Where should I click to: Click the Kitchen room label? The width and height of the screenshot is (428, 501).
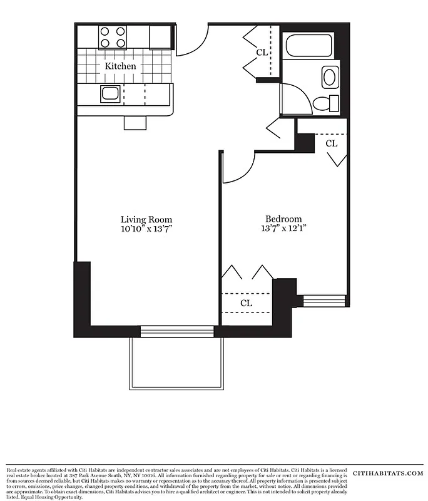point(120,66)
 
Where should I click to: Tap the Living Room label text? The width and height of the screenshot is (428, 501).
point(146,220)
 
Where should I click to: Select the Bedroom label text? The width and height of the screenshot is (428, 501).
point(283,219)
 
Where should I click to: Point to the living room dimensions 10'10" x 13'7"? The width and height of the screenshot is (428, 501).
point(146,229)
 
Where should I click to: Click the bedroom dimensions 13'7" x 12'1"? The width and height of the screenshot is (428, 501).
point(283,229)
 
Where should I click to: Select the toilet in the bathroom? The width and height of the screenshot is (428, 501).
point(325,103)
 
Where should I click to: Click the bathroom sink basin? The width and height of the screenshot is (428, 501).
point(329,78)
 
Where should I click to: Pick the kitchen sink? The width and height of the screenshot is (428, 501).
point(110,95)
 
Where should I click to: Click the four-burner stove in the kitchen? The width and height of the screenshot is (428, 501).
point(113,37)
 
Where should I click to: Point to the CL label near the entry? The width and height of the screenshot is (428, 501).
point(262,53)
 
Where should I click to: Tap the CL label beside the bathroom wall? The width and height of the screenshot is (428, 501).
point(332,143)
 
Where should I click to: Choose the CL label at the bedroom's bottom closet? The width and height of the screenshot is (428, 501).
point(247,303)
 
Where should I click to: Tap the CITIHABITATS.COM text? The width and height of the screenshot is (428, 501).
point(388,473)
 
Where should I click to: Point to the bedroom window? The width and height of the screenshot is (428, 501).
point(324,299)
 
